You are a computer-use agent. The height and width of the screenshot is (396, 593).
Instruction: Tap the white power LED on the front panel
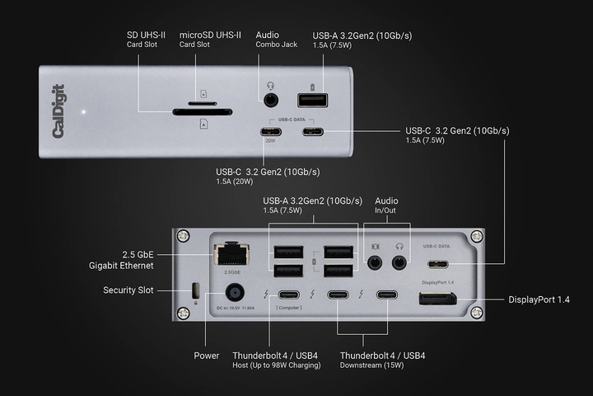[82, 111]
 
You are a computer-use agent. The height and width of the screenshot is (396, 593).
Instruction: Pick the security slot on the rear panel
[194, 291]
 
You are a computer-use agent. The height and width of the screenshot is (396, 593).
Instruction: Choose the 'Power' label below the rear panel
[207, 356]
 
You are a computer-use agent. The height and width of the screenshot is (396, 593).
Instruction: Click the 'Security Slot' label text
[129, 290]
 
